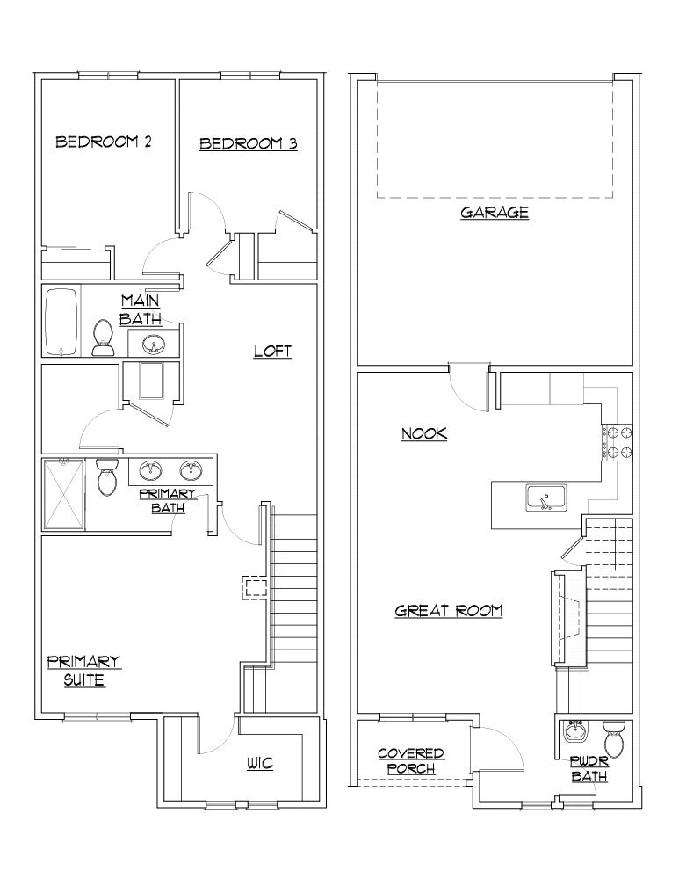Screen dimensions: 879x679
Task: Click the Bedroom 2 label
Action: [103, 142]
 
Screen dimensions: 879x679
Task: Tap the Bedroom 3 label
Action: [248, 143]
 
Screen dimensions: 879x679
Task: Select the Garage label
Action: [495, 212]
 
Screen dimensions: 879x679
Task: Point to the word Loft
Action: [272, 352]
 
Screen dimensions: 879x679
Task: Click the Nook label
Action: [424, 433]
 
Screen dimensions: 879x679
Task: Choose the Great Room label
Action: [448, 610]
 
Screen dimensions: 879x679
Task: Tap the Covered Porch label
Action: [410, 761]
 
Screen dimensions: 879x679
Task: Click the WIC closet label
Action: [259, 764]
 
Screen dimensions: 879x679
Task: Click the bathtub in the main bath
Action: [61, 322]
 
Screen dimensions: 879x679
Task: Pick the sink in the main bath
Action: [153, 344]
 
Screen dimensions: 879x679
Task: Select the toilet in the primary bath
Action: [107, 477]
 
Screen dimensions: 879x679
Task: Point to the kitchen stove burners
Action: [618, 443]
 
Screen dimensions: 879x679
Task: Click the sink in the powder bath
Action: [577, 731]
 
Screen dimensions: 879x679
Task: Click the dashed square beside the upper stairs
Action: [255, 588]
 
